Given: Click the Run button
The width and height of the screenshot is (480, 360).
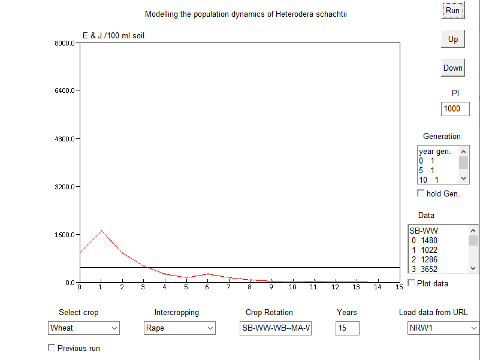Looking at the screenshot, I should tap(452, 10).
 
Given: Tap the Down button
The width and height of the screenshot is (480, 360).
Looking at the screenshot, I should tap(452, 68).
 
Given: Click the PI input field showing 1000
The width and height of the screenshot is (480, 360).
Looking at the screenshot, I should tap(455, 108).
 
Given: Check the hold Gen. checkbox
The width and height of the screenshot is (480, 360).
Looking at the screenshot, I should tap(421, 193).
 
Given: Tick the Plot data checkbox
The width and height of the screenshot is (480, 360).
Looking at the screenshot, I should tap(411, 283).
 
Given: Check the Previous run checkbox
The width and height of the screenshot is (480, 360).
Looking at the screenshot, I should tap(52, 347).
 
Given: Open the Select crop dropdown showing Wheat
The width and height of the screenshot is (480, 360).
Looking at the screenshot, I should tap(83, 328).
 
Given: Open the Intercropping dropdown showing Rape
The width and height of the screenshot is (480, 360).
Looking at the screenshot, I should tap(179, 328).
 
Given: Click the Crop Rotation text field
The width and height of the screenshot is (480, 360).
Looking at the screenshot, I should tap(276, 328).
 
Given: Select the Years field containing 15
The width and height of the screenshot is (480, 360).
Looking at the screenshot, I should tap(348, 328).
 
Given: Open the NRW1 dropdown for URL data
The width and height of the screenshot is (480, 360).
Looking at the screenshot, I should tap(443, 328).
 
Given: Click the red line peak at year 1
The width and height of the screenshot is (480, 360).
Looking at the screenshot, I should tap(101, 231).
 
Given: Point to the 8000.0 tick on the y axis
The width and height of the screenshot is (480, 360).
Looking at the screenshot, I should tap(65, 43).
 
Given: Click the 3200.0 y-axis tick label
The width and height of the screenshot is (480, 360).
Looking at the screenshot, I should tap(65, 187).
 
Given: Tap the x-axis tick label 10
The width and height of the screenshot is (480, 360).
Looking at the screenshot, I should tap(292, 287).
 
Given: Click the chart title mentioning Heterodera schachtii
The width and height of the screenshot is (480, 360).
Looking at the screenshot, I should tap(246, 14).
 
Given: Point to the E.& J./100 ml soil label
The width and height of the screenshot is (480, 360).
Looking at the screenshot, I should tap(113, 35).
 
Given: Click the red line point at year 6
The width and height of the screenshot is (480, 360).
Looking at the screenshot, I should tap(207, 274).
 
